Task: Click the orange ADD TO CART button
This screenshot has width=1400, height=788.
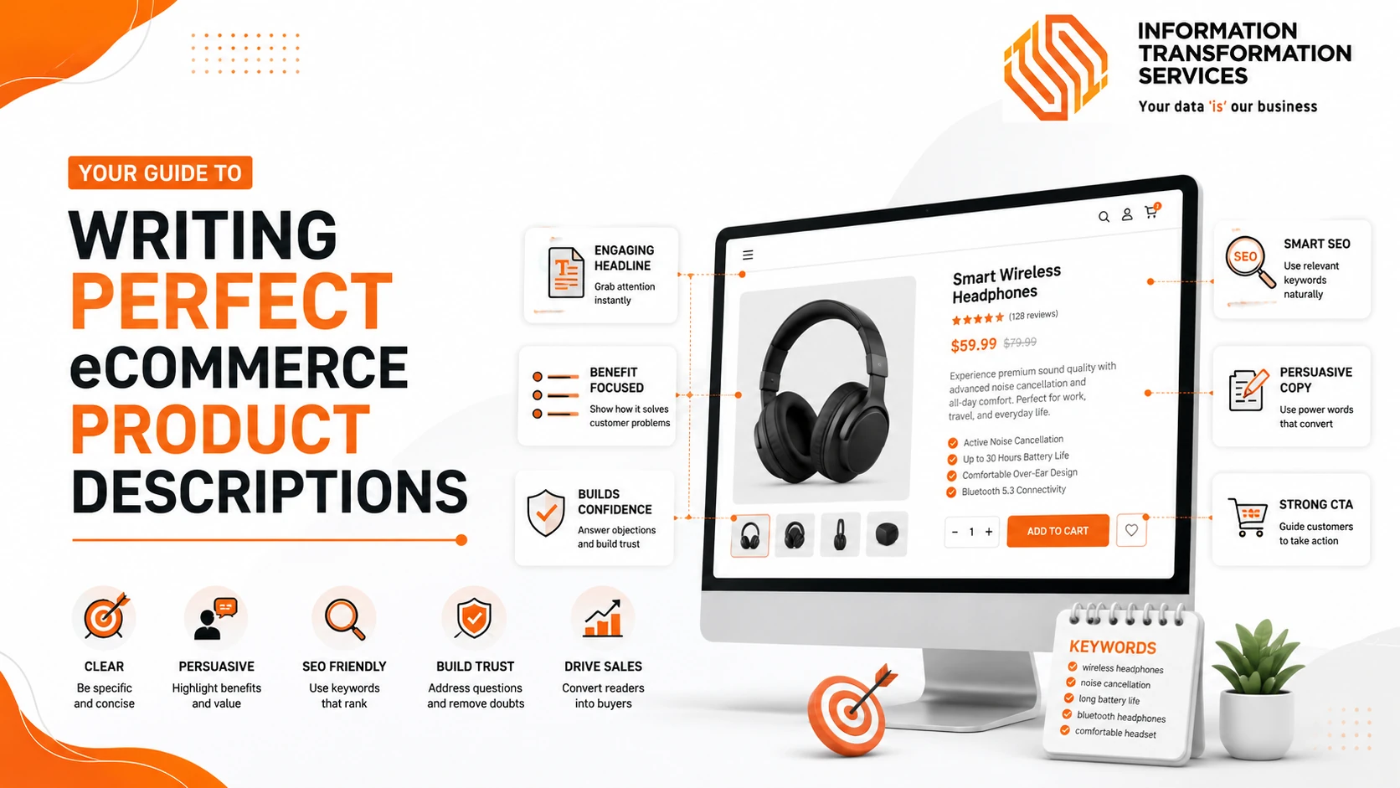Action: [1058, 531]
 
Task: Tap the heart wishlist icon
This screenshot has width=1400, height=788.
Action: [1131, 531]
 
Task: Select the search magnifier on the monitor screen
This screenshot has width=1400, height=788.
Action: [1104, 217]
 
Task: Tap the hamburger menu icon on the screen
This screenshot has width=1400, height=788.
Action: [748, 255]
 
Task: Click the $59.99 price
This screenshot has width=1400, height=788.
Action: [973, 345]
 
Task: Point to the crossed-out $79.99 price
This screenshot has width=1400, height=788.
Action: [1020, 342]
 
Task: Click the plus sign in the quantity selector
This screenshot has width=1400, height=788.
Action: [989, 532]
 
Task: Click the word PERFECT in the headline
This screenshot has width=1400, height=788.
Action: [232, 301]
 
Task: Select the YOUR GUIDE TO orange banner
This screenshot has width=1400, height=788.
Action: [160, 173]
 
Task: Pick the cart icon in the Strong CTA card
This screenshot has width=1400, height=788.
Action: [1248, 517]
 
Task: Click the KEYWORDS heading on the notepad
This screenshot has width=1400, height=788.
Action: [1113, 647]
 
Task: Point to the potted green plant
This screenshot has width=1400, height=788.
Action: [1258, 688]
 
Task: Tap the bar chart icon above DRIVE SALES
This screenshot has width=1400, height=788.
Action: [603, 618]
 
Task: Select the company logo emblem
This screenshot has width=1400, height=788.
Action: [1055, 67]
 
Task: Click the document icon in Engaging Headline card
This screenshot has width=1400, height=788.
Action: [566, 272]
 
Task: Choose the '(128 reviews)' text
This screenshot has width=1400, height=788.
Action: [1033, 315]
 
